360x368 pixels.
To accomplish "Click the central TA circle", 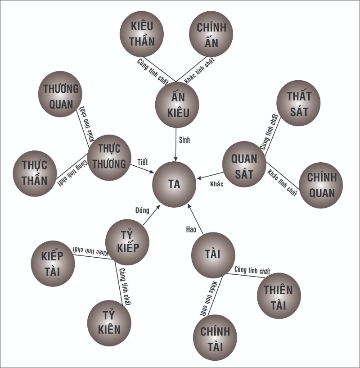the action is click(174, 184).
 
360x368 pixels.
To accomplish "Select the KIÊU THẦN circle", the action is click(142, 34).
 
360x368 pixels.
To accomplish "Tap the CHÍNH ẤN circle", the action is click(211, 34).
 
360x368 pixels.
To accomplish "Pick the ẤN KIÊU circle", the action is click(177, 104).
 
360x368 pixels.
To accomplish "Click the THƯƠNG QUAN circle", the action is click(60, 94).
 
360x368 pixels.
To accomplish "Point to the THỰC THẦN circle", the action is click(35, 173).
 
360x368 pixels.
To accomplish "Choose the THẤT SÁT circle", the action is click(298, 103).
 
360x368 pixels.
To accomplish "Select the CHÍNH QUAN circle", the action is click(321, 185).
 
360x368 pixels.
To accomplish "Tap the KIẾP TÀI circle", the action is click(53, 264).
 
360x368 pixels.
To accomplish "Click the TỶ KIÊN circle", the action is click(109, 323).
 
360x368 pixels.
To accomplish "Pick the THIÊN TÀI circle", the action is click(279, 295).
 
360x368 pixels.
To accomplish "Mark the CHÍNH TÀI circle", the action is click(215, 338).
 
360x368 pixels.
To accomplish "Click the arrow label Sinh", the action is click(184, 140).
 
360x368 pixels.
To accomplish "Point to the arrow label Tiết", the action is click(143, 162).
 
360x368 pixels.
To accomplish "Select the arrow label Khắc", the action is click(217, 184).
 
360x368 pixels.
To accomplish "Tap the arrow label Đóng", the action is click(142, 210).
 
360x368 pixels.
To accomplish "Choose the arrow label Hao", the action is click(191, 229).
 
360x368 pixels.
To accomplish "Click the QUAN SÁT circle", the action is click(244, 164).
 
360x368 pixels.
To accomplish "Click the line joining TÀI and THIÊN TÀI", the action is click(246, 276).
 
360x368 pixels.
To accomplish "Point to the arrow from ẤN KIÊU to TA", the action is click(176, 145).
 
